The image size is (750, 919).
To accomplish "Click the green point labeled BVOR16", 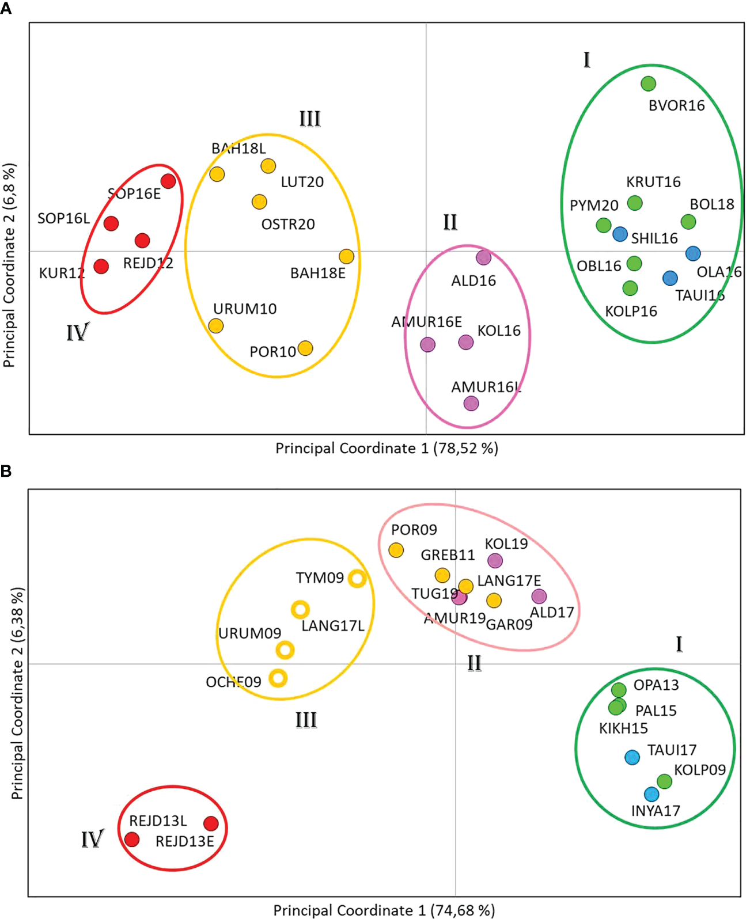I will pyautogui.click(x=648, y=83).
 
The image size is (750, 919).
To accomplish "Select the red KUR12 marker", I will pyautogui.click(x=101, y=266).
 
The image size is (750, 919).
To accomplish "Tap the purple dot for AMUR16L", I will pyautogui.click(x=471, y=403).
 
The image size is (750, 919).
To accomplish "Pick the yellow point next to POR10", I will pyautogui.click(x=305, y=348).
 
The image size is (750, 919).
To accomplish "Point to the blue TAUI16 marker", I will pyautogui.click(x=669, y=278).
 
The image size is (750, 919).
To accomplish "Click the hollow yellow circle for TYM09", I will pyautogui.click(x=357, y=578).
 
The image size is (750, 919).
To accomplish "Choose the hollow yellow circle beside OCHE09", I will pyautogui.click(x=278, y=678).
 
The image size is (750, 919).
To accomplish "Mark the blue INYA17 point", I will pyautogui.click(x=651, y=794).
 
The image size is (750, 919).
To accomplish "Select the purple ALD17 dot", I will pyautogui.click(x=539, y=596).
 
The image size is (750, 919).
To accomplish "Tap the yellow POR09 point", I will pyautogui.click(x=396, y=550).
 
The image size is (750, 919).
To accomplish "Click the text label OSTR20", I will pyautogui.click(x=288, y=224).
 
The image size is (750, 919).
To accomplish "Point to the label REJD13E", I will pyautogui.click(x=184, y=841).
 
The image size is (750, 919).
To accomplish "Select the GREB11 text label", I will pyautogui.click(x=448, y=555).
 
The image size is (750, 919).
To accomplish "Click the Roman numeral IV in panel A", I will pyautogui.click(x=78, y=332).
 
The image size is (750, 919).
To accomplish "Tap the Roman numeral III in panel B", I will pyautogui.click(x=306, y=720).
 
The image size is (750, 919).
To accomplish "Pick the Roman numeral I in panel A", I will pyautogui.click(x=586, y=60).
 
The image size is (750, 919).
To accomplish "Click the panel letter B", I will pyautogui.click(x=6, y=471).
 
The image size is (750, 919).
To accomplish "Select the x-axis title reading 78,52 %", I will pyautogui.click(x=387, y=448).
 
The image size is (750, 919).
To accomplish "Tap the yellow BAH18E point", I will pyautogui.click(x=346, y=256).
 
